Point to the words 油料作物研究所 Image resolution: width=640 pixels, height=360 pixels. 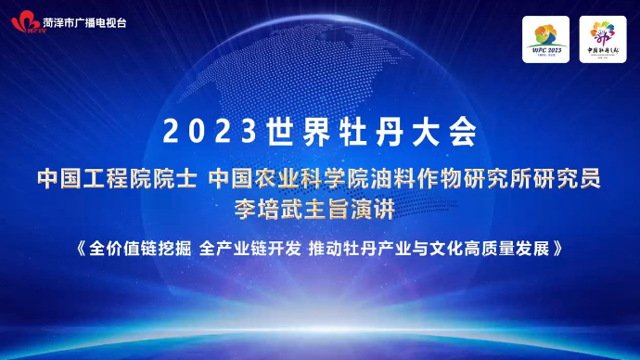coord(430,178)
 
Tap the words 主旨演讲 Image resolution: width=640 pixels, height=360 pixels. coord(359,209)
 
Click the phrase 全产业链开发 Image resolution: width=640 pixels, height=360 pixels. coord(250,250)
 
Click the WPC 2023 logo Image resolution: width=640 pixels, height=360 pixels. coord(545,40)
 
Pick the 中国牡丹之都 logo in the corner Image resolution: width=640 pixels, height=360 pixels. coord(602,40)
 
